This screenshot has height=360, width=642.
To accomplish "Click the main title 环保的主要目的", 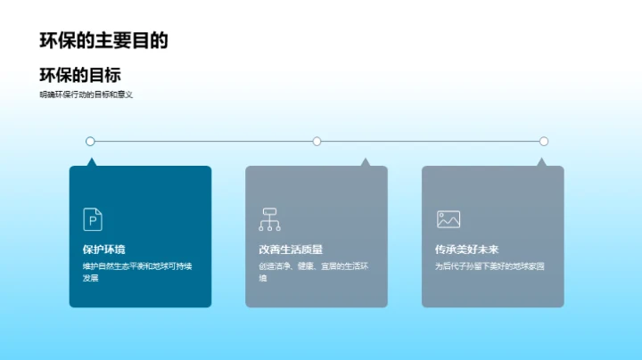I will click(103, 40).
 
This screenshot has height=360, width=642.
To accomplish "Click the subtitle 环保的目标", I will click(80, 75).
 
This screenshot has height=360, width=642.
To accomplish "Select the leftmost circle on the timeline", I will click(90, 141).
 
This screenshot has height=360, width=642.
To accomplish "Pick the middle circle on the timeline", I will click(317, 141).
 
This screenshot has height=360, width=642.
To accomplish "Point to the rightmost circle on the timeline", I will click(544, 141).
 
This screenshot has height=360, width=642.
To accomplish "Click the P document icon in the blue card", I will click(93, 218).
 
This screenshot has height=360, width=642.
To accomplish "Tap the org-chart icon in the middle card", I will click(269, 218).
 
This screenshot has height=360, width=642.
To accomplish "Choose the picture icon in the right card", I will click(448, 218).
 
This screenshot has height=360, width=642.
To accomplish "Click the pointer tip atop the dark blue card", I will click(90, 161).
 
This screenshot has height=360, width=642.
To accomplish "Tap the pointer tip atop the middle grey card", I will click(365, 161).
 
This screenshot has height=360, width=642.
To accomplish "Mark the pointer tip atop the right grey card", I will click(541, 161).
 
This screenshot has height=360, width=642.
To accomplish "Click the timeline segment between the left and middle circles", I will click(203, 141).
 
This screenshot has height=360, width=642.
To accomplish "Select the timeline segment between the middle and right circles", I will click(430, 141).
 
